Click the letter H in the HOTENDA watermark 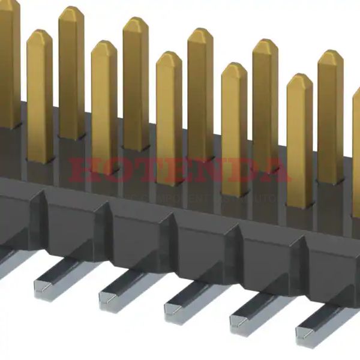84,170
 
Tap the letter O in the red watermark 116,170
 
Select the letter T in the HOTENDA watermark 147,170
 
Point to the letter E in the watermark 178,170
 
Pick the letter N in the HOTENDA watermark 209,170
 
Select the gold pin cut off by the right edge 356,150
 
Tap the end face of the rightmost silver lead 305,340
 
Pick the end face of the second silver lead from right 241,326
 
